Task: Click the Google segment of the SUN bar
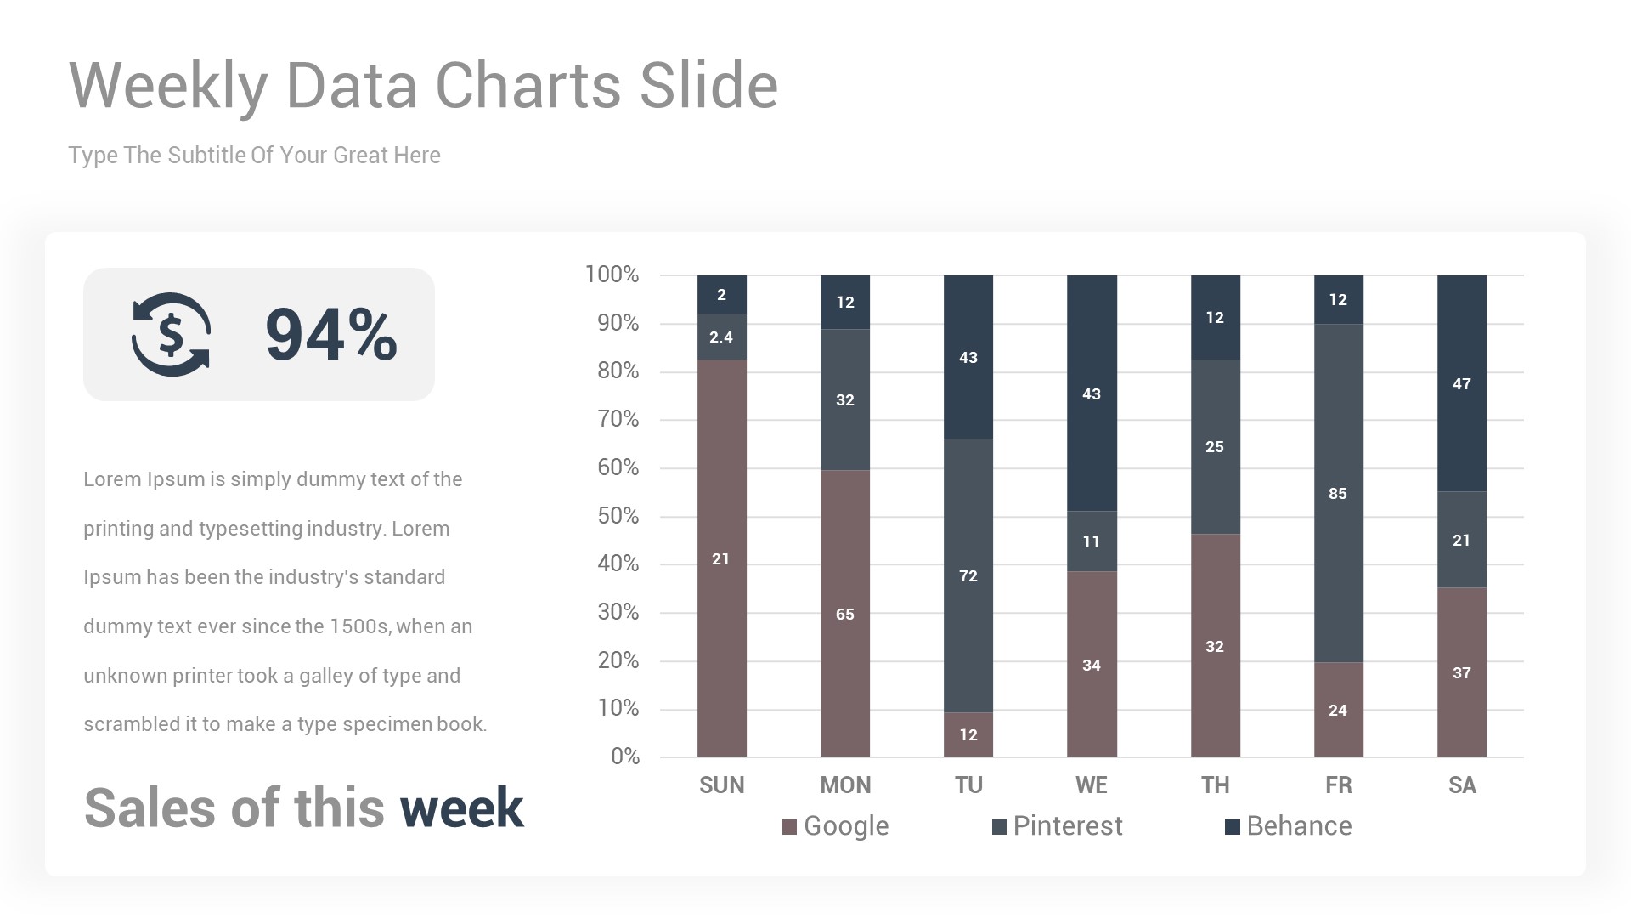(721, 558)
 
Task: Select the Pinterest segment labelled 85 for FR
(1338, 493)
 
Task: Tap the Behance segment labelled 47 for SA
(1461, 383)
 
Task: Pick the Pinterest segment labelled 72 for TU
(968, 575)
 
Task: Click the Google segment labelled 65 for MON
(844, 613)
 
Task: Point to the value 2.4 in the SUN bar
(721, 337)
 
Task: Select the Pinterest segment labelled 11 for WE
(1092, 541)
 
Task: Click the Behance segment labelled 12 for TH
(1215, 317)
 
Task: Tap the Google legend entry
(836, 826)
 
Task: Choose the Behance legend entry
(1289, 826)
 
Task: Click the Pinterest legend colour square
(999, 827)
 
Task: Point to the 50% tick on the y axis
(618, 516)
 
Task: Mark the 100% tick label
(612, 275)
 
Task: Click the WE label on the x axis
(1092, 785)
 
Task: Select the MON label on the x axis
(844, 785)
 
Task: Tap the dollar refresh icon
(171, 335)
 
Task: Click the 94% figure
(331, 335)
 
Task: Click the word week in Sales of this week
(461, 807)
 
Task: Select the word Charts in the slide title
(528, 85)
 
